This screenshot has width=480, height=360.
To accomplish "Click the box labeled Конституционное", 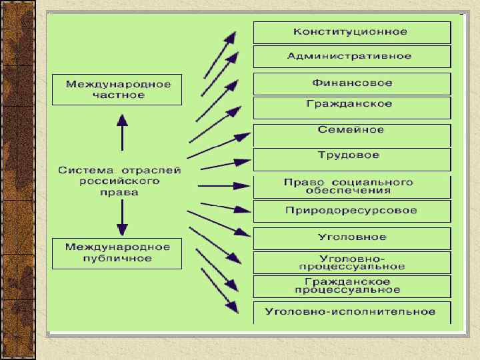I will click(x=351, y=32).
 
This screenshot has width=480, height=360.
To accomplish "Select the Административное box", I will click(x=351, y=56).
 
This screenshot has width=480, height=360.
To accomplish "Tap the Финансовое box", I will click(x=351, y=83).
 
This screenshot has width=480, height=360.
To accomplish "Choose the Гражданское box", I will click(x=351, y=105).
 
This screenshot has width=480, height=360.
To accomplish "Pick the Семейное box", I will click(x=351, y=130).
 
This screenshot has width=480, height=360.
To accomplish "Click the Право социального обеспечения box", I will click(x=351, y=186).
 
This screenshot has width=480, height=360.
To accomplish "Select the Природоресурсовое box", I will click(x=351, y=211).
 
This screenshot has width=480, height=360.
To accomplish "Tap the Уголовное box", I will click(x=351, y=237).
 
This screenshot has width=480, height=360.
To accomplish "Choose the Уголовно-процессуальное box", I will click(x=351, y=262).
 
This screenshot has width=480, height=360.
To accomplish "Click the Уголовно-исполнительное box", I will click(x=351, y=311).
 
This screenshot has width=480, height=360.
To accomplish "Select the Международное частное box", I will click(x=117, y=89).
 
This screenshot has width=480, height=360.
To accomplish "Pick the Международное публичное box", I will click(x=117, y=253).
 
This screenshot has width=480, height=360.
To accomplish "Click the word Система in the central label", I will click(x=80, y=171).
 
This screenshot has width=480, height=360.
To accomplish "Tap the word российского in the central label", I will click(x=119, y=181).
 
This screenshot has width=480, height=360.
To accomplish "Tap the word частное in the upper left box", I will click(x=118, y=95).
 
